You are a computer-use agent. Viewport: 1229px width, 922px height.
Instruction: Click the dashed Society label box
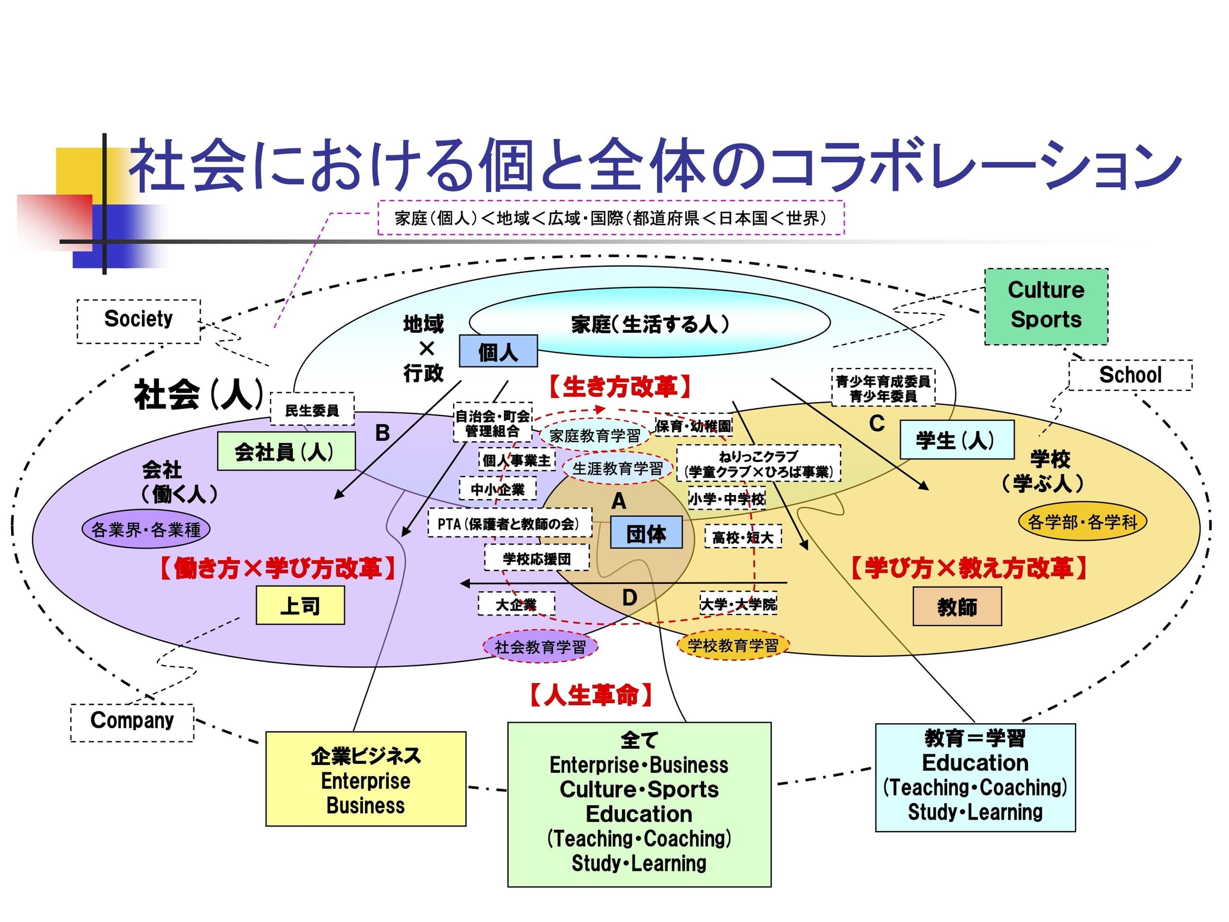click(x=138, y=321)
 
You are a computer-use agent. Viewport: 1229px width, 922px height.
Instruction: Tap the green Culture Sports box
click(x=1046, y=306)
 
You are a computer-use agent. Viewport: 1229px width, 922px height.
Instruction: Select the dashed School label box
click(x=1130, y=375)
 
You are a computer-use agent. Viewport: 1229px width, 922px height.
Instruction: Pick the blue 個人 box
click(x=498, y=351)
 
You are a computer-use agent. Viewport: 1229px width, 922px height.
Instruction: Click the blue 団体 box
click(x=646, y=533)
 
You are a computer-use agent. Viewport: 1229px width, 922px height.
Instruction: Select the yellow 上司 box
click(x=300, y=605)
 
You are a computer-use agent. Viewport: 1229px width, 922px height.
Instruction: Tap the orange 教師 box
click(x=957, y=607)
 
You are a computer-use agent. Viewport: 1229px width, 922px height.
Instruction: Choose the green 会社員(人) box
click(x=286, y=451)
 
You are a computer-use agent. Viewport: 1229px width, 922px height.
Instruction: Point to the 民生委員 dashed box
click(x=312, y=410)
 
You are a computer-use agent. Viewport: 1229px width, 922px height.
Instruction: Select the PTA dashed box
click(x=509, y=523)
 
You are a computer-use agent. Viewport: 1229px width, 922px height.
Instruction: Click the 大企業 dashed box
click(x=516, y=604)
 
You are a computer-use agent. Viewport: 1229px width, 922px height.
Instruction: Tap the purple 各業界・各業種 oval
click(x=145, y=529)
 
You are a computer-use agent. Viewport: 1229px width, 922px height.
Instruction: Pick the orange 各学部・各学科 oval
click(x=1082, y=522)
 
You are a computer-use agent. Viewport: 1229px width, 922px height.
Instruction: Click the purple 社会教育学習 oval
click(x=540, y=646)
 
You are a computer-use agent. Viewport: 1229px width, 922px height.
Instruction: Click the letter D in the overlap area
click(x=629, y=597)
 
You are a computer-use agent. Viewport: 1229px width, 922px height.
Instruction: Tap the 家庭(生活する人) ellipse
click(x=650, y=323)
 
